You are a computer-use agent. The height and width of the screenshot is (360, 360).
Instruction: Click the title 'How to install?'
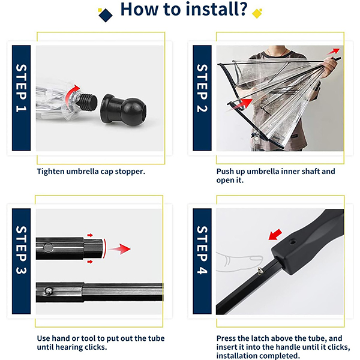tap(184, 9)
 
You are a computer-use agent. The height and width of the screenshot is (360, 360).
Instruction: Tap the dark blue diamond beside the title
tap(106, 15)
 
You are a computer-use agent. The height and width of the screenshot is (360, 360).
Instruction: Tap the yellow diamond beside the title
tap(257, 14)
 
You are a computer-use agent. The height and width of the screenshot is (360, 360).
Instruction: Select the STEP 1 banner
tap(21, 98)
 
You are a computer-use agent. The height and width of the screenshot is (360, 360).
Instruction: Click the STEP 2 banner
tap(202, 98)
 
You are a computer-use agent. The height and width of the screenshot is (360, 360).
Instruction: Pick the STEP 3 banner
tap(21, 261)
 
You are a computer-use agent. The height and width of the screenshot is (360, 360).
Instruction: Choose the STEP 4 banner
tap(202, 261)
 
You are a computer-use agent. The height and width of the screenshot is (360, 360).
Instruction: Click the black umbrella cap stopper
tap(123, 109)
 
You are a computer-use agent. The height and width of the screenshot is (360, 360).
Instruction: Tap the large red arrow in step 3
tap(119, 249)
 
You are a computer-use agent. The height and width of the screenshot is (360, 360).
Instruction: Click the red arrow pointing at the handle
tap(275, 235)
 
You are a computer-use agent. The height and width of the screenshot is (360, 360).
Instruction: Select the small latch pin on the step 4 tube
tap(260, 271)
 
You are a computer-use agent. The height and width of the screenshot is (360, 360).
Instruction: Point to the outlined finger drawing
tap(239, 262)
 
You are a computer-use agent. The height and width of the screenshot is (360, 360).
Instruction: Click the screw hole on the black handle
tap(292, 242)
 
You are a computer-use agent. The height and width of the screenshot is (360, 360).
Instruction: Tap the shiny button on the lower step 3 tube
tap(49, 291)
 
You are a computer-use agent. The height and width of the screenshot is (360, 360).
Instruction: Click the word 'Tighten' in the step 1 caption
tap(50, 172)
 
